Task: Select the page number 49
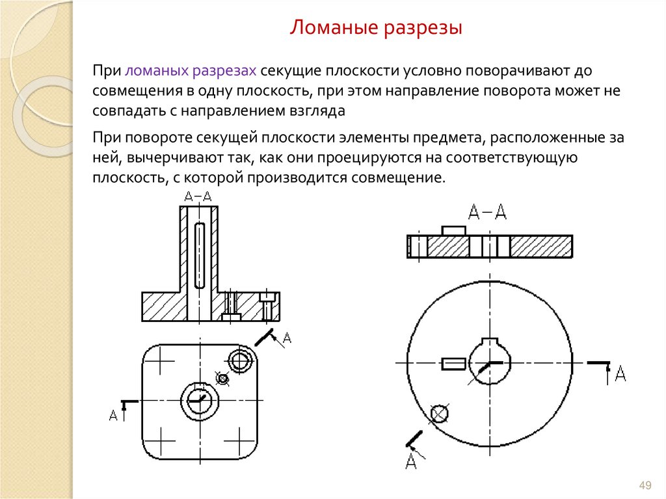(x=645, y=485)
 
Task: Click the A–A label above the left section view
(x=198, y=196)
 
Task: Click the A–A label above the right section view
(x=487, y=211)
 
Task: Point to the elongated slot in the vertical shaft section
(x=199, y=256)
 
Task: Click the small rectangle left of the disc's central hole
(x=453, y=364)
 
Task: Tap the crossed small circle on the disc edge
(x=440, y=413)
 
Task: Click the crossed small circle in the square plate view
(x=222, y=378)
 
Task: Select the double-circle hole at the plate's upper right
(x=240, y=361)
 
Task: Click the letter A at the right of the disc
(x=620, y=373)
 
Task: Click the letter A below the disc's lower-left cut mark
(x=411, y=461)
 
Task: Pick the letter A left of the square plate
(x=113, y=415)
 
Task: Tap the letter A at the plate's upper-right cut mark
(x=287, y=338)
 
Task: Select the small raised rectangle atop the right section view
(x=453, y=231)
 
